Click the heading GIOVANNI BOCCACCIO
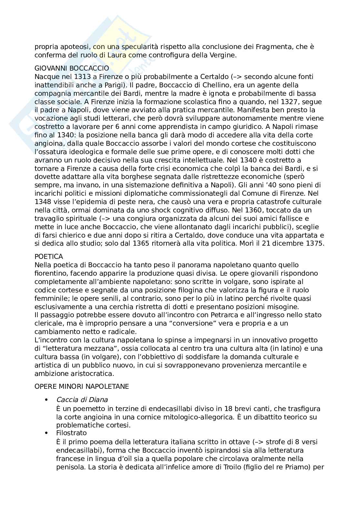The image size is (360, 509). click(x=72, y=68)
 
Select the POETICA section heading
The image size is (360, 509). click(x=49, y=257)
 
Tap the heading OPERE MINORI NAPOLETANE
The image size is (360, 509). click(x=82, y=386)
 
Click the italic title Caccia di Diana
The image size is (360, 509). click(x=82, y=400)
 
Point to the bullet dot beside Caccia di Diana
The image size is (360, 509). click(x=47, y=400)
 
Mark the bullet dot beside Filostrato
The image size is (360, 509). click(x=47, y=433)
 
